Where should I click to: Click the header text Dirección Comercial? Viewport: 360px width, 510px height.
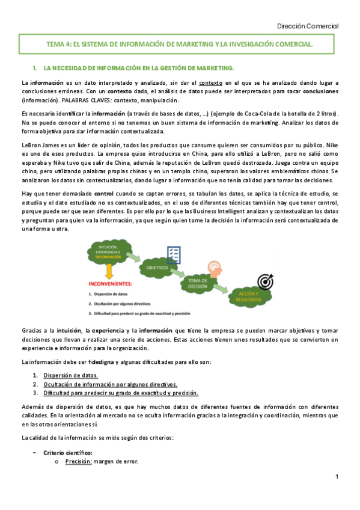[308, 26]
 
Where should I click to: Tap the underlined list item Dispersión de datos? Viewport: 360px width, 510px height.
[74, 375]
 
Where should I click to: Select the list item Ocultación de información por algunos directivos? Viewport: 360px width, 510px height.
[111, 384]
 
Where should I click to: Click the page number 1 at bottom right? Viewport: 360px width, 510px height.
[337, 477]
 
